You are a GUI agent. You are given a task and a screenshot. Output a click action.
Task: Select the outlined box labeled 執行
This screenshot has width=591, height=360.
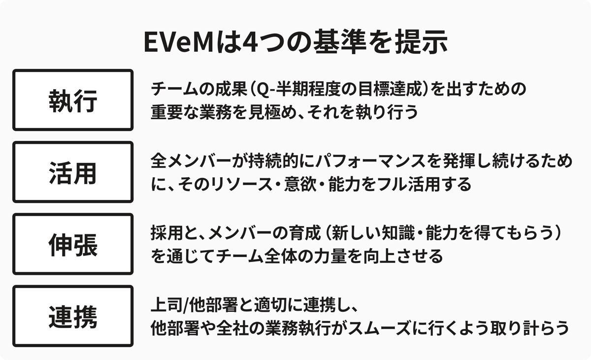tap(73, 100)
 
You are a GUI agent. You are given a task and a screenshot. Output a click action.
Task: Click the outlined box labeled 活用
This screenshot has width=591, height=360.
tap(73, 172)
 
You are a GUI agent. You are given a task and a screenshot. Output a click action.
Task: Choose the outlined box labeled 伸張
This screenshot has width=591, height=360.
tap(73, 244)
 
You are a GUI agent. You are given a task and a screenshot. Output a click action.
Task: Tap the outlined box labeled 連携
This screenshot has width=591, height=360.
tap(73, 316)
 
